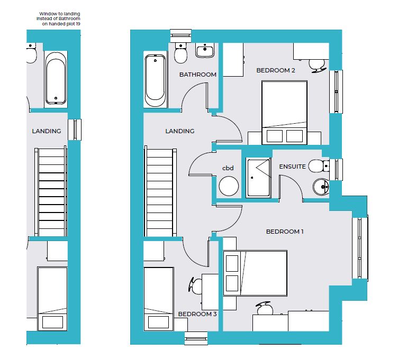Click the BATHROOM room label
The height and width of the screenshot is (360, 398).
[x=198, y=75]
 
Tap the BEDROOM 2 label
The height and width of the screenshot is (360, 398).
[x=276, y=70]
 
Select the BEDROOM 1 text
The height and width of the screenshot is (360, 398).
[x=285, y=232]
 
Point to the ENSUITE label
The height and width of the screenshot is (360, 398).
[x=292, y=167]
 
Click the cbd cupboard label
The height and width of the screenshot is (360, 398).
[x=228, y=168]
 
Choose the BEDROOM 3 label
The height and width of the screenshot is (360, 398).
[x=197, y=314]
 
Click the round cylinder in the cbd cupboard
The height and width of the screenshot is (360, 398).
[x=229, y=186]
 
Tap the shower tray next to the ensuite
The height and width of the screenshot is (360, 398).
[x=258, y=178]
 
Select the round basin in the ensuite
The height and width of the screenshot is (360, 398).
[x=321, y=187]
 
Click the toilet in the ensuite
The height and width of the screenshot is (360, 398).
[x=319, y=167]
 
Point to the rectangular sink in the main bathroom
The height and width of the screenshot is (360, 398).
[x=205, y=50]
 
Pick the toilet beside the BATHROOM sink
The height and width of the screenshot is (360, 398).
[x=180, y=53]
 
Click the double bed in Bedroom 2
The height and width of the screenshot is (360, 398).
[x=284, y=113]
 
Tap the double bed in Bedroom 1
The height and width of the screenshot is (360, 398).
[x=255, y=273]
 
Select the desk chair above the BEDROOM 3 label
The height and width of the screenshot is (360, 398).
[x=195, y=285]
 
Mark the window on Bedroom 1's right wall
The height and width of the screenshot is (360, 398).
[x=360, y=248]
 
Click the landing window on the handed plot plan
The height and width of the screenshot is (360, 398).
[x=75, y=130]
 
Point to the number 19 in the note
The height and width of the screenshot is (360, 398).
[x=78, y=24]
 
